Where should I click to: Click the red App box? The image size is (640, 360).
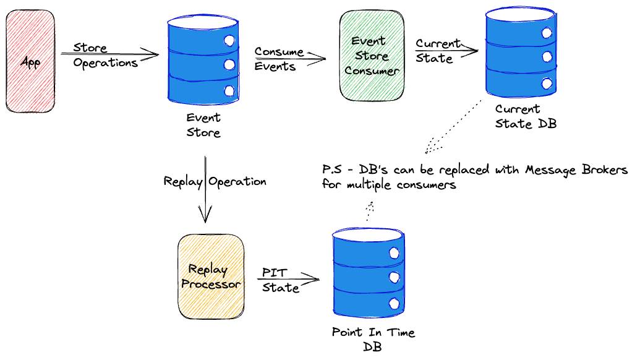coord(30,61)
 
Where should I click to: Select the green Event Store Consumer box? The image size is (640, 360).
coord(372,56)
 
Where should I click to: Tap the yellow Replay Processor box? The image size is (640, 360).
coord(211,276)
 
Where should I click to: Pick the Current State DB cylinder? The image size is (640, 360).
coord(521,52)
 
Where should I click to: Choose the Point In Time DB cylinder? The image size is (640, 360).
coord(369,272)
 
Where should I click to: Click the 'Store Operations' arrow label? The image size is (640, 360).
coord(105,56)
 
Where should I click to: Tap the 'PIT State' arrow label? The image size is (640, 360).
coord(280,280)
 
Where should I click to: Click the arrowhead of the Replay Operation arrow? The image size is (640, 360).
coord(205,214)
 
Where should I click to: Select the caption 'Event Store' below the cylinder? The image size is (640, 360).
coord(203,125)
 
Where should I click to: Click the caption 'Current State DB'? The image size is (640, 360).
coord(526,116)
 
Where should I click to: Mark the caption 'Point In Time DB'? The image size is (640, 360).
coord(373,339)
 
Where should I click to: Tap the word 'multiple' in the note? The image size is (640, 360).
coord(369,185)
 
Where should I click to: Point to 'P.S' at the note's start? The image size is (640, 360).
coord(332,169)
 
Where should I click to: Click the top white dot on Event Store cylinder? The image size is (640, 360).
coord(229,40)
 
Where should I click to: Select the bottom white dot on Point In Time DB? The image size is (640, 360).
coord(394,304)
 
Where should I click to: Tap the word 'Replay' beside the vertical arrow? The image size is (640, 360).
coord(183,182)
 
